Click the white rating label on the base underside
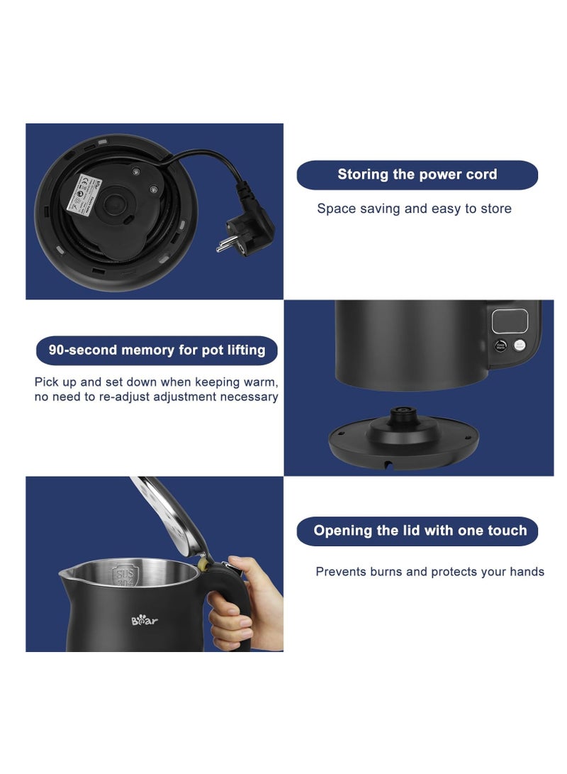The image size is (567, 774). [77, 192]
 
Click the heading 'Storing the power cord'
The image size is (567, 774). [417, 175]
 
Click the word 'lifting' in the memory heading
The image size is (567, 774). [244, 350]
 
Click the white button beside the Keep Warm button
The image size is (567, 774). [520, 345]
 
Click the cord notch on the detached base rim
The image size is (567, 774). [388, 464]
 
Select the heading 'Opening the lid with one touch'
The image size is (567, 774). [420, 531]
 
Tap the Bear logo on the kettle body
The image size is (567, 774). [145, 621]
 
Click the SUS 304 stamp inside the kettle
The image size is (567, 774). [125, 577]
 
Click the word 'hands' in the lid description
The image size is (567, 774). [526, 572]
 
